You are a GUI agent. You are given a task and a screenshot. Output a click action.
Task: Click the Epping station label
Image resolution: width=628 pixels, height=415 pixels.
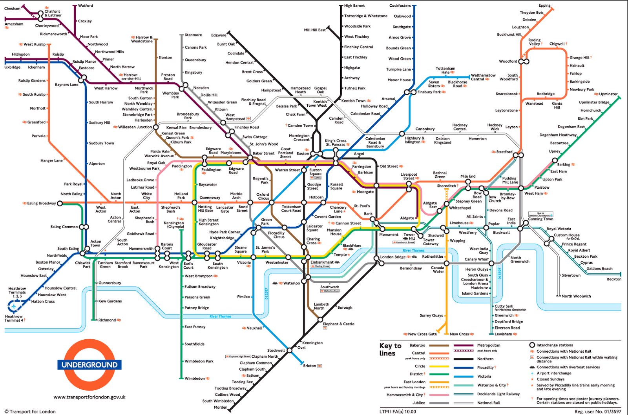(544, 5)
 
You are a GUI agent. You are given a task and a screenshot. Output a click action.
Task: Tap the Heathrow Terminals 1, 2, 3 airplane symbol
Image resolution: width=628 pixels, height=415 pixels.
(14, 306)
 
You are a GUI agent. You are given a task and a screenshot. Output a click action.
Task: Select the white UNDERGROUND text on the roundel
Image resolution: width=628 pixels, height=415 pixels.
(89, 365)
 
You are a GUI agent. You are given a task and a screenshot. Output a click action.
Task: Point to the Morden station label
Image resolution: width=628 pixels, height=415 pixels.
(220, 407)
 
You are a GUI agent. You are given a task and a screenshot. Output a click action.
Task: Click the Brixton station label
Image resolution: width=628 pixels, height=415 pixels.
(309, 366)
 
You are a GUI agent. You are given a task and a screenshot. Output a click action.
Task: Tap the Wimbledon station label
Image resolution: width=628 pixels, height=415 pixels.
(195, 379)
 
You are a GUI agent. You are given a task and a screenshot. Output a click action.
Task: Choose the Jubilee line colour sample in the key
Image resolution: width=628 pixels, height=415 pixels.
(439, 403)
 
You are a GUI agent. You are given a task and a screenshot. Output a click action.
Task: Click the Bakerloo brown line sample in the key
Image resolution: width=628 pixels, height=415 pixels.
(439, 346)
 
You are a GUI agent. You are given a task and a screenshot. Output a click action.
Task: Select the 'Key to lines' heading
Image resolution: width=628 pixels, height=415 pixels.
(390, 349)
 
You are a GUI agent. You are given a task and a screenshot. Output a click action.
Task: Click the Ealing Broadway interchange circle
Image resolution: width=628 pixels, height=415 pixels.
(60, 203)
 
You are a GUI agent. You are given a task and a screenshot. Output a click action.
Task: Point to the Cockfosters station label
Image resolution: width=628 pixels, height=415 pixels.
(400, 5)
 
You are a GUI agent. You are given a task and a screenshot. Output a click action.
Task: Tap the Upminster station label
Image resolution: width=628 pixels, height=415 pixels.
(608, 94)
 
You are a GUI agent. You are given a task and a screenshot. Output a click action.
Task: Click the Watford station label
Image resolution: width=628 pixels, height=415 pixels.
(86, 5)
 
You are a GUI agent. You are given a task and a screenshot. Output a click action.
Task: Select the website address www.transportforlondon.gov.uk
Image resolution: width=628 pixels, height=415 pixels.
(89, 397)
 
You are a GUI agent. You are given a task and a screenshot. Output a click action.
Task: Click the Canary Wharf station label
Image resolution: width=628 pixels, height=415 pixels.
(476, 259)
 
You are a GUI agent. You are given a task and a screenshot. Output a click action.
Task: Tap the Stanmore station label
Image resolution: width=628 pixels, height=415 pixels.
(193, 35)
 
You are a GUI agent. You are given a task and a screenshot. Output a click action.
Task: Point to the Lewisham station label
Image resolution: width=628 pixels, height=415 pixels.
(503, 334)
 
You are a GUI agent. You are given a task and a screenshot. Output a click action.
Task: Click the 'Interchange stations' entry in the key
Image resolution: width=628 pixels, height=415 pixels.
(555, 345)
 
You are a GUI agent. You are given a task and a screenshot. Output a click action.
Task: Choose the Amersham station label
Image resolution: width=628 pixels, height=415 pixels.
(14, 24)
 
